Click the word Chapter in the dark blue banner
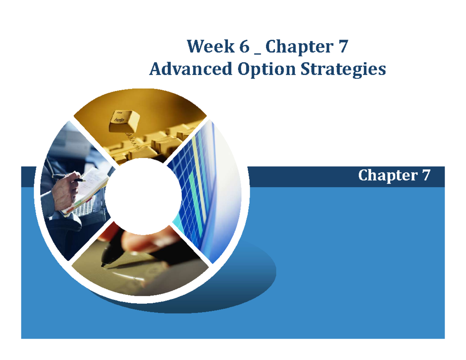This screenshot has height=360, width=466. coord(385,176)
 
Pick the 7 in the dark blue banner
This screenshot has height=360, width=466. coord(425,176)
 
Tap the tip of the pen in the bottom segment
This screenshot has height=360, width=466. coord(103,265)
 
